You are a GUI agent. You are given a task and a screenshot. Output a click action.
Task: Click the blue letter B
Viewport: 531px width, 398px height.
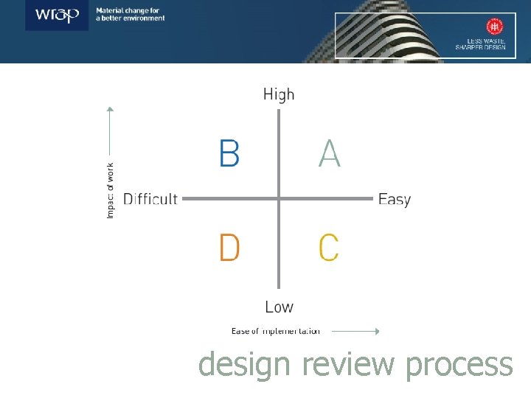click(x=229, y=154)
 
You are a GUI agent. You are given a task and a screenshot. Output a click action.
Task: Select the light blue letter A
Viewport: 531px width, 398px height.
click(x=330, y=154)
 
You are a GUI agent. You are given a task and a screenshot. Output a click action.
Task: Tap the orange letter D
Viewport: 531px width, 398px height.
click(x=229, y=248)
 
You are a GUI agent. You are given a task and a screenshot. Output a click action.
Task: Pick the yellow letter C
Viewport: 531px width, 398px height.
click(x=329, y=248)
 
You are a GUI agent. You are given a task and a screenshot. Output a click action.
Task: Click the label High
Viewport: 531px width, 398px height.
click(x=279, y=94)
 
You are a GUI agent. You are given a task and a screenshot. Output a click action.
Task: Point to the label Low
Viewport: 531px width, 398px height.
click(x=279, y=307)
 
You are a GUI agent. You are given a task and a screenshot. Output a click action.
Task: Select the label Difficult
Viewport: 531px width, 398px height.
click(x=150, y=199)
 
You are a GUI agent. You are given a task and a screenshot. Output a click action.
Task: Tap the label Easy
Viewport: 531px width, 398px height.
click(x=394, y=199)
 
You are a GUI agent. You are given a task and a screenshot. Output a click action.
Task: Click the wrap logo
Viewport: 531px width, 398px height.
click(x=58, y=15)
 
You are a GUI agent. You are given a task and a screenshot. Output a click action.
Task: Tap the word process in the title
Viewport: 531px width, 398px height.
click(x=459, y=365)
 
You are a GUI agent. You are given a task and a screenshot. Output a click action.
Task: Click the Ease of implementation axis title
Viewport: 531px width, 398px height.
click(x=276, y=331)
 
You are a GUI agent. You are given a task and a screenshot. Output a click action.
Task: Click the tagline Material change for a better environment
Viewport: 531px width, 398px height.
click(x=131, y=15)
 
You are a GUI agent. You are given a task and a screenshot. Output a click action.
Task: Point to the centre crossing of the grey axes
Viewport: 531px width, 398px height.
click(x=279, y=198)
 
